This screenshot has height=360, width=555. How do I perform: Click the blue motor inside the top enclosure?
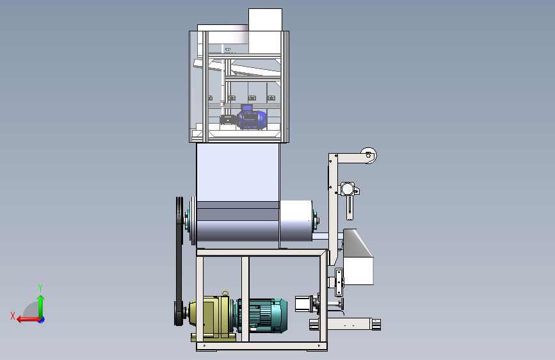[x=252, y=118]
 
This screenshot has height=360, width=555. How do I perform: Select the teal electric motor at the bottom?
[x=261, y=315]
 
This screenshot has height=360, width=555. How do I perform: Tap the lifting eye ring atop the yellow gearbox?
[x=225, y=293]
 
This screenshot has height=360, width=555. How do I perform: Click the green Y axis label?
[x=40, y=288]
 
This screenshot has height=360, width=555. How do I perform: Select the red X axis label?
[x=13, y=316]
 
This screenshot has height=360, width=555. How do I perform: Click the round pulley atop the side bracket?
[x=369, y=155]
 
